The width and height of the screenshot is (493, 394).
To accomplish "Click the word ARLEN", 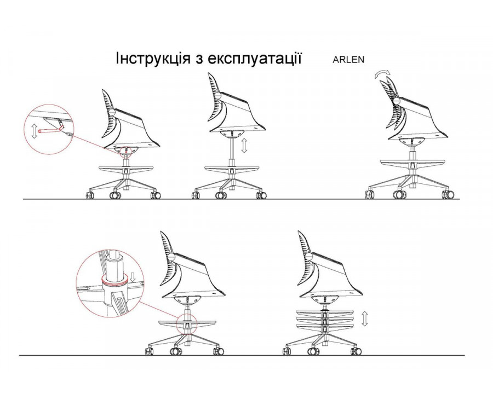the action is [x=348, y=60].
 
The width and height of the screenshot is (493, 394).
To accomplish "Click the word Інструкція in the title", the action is [x=153, y=59].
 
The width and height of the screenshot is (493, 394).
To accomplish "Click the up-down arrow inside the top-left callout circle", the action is [x=34, y=131].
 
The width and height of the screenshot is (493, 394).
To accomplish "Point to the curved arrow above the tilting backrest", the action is [x=382, y=74].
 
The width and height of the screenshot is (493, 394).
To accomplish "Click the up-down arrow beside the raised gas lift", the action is [x=244, y=146].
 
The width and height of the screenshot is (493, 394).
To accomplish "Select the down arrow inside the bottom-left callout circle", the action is [x=133, y=276].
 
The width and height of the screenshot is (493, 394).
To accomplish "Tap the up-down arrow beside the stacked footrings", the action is [x=364, y=318].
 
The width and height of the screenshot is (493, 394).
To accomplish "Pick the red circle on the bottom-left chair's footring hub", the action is [x=186, y=323].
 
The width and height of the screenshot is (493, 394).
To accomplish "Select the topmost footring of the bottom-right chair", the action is [x=325, y=312].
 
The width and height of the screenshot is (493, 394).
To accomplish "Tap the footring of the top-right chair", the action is [x=412, y=163].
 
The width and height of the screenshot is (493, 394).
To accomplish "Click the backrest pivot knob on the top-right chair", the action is [x=397, y=101].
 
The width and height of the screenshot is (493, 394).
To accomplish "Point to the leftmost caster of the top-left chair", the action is [x=90, y=195].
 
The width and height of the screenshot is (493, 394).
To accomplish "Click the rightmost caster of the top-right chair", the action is [x=448, y=194].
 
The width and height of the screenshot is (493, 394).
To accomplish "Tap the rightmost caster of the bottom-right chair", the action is [x=356, y=351].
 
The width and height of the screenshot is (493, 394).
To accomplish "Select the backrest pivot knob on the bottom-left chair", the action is [x=171, y=257].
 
